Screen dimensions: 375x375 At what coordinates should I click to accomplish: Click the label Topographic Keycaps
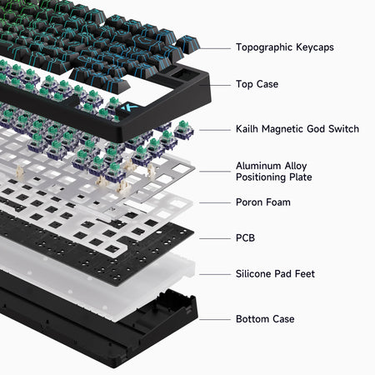284,47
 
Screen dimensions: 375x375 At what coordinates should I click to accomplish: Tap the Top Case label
257,84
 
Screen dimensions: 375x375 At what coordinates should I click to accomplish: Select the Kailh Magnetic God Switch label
297,129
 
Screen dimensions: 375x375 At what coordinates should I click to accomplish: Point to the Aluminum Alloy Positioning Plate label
274,172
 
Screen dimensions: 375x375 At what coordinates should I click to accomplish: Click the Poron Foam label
263,202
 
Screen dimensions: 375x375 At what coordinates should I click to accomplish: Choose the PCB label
246,237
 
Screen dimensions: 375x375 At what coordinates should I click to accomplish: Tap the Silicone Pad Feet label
276,273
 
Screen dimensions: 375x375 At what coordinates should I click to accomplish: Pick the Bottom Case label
265,318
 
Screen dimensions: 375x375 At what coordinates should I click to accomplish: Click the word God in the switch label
318,129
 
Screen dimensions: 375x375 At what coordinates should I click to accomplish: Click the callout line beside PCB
212,237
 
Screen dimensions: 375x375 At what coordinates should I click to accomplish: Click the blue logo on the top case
129,108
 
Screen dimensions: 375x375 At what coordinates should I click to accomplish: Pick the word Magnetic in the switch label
283,129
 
